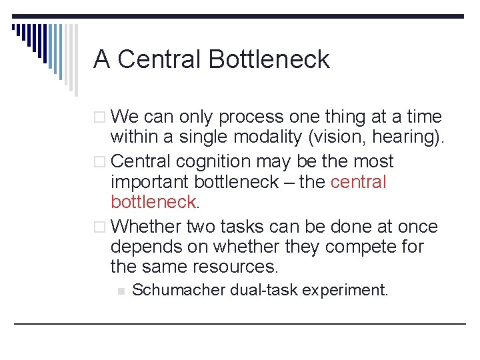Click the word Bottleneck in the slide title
[269, 60]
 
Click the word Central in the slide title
[160, 60]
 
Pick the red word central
[358, 182]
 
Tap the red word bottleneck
[153, 202]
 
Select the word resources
[235, 267]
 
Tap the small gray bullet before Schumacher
[120, 291]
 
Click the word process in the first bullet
[251, 118]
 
